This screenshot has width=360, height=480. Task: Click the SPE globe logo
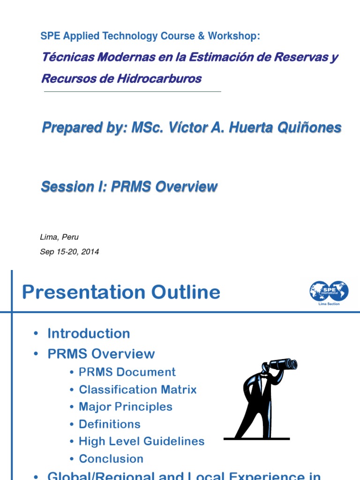[329, 291]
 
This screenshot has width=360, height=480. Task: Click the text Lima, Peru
[60, 237]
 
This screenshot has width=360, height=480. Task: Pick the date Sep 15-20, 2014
[70, 252]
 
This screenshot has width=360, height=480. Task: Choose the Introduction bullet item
[89, 334]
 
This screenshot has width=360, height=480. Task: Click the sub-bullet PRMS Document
[127, 372]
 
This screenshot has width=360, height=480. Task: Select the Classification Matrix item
[138, 390]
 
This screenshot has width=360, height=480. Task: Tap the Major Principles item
[126, 407]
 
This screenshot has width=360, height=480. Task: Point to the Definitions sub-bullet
[110, 424]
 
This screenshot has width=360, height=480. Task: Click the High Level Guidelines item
[142, 442]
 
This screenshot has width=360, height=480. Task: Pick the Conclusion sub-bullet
[111, 459]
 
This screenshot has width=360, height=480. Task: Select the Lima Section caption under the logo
[329, 304]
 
